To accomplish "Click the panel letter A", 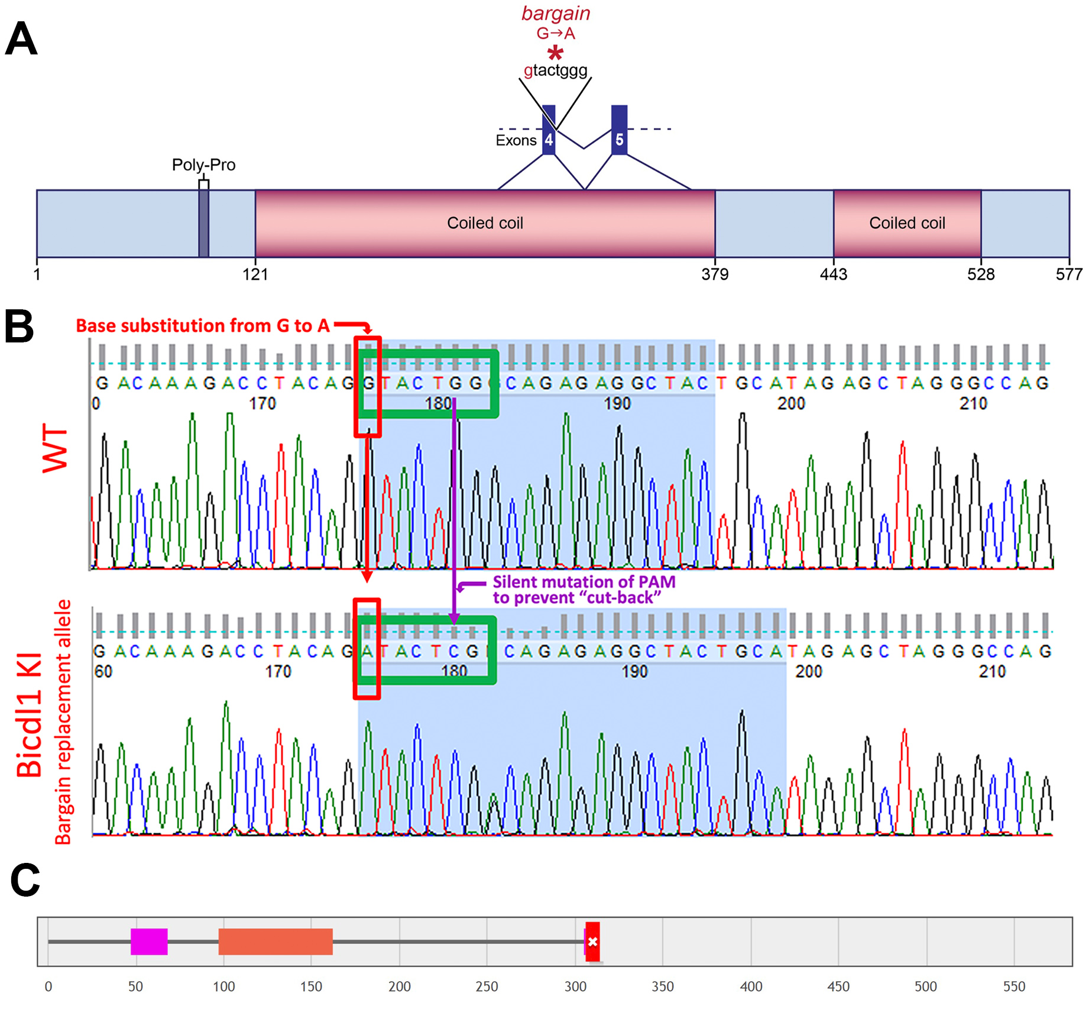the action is pyautogui.click(x=21, y=39).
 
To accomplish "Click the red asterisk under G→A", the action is pyautogui.click(x=555, y=53).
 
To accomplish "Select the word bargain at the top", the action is pyautogui.click(x=556, y=14).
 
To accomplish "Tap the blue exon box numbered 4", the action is pyautogui.click(x=549, y=130).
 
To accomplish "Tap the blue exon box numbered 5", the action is pyautogui.click(x=619, y=130).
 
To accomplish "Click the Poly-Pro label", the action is pyautogui.click(x=203, y=164).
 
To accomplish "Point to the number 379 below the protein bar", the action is pyautogui.click(x=715, y=274).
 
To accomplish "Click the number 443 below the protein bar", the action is pyautogui.click(x=833, y=274).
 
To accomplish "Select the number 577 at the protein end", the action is pyautogui.click(x=1069, y=274).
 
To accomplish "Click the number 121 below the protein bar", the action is pyautogui.click(x=255, y=274).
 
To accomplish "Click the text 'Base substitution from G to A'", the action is pyautogui.click(x=203, y=325).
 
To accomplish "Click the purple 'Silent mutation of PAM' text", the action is pyautogui.click(x=584, y=582).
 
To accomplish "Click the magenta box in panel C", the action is pyautogui.click(x=149, y=942).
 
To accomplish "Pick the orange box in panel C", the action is pyautogui.click(x=276, y=942).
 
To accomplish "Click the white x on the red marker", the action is pyautogui.click(x=593, y=942).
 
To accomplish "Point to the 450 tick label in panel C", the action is pyautogui.click(x=838, y=987).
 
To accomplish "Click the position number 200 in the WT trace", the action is pyautogui.click(x=791, y=403).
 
